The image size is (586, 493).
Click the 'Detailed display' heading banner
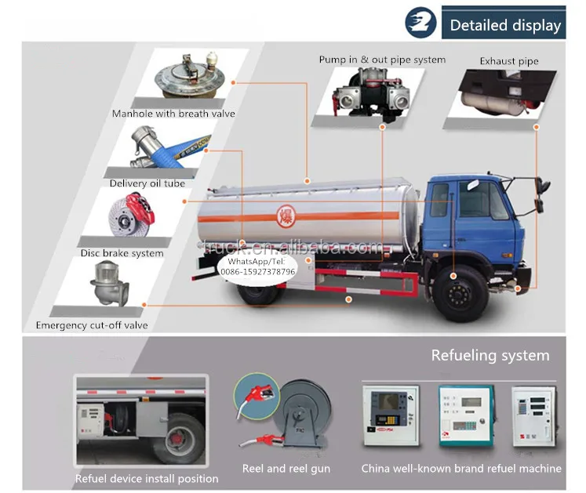click(505, 24)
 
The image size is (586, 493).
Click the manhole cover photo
click(189, 78)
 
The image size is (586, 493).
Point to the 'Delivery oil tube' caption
click(147, 183)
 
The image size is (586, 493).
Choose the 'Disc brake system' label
click(122, 253)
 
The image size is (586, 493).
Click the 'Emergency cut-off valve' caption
click(92, 325)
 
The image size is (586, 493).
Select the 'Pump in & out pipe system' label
click(382, 60)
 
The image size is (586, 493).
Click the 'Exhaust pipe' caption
click(509, 60)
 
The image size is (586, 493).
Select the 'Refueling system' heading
click(490, 355)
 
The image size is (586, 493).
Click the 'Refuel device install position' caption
click(147, 478)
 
